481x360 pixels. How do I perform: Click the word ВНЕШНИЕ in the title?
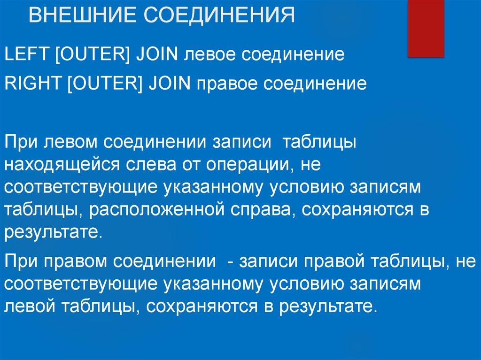pyautogui.click(x=81, y=15)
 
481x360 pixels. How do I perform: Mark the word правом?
pyautogui.click(x=78, y=261)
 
